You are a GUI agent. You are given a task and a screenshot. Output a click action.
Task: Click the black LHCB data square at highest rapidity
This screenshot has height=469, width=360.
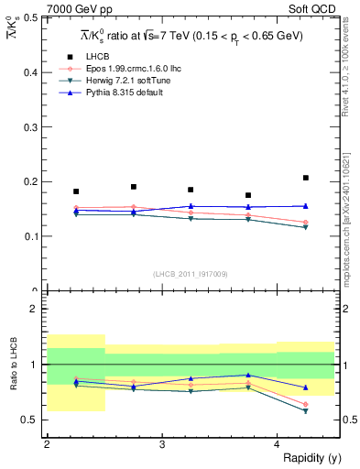[x=306, y=178]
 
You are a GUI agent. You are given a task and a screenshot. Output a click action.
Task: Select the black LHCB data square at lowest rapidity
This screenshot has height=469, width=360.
[x=76, y=191]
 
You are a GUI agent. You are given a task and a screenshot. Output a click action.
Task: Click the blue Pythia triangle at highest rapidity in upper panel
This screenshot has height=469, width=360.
[x=306, y=206]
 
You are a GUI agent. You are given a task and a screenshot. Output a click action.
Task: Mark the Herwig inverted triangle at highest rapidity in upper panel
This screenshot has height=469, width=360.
[x=306, y=227]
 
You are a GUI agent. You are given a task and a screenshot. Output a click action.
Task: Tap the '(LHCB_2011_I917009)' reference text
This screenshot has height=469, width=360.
[x=190, y=274]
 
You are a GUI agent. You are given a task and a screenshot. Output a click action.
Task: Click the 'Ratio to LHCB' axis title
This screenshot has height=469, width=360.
[x=14, y=365]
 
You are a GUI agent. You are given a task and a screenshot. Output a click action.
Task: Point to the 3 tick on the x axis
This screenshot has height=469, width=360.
[x=162, y=443]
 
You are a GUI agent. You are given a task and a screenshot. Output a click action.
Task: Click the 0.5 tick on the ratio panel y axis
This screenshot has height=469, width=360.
[x=33, y=420]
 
